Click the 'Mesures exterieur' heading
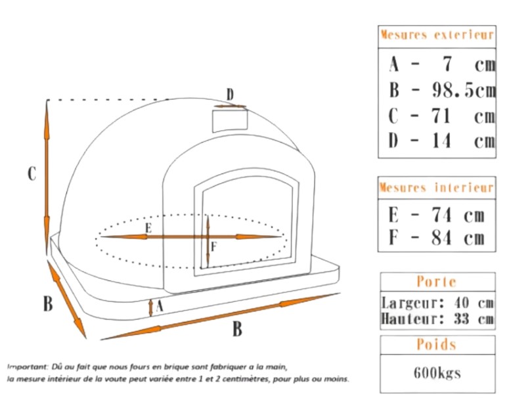[437, 35]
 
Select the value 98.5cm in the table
[464, 90]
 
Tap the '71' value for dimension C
[441, 116]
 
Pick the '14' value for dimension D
[441, 141]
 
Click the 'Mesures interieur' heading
[437, 188]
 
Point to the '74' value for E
[441, 214]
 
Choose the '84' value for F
[441, 237]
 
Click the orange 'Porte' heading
[437, 282]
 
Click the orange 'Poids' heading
[437, 344]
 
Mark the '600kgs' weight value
[437, 373]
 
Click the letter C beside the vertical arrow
[32, 173]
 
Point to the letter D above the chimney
[230, 95]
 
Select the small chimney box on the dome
[230, 121]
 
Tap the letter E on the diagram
[148, 228]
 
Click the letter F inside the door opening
[213, 247]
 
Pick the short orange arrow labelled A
[150, 307]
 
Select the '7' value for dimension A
[447, 64]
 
